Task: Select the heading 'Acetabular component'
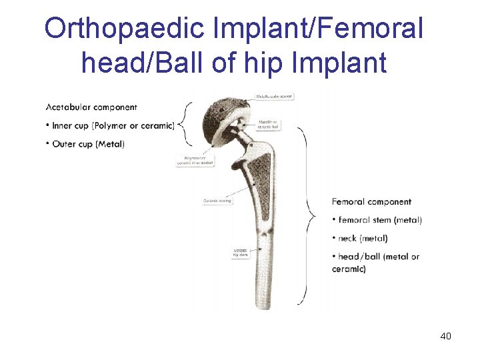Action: point(91,107)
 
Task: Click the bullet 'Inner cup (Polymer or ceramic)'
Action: point(110,125)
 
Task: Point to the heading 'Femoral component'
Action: point(371,201)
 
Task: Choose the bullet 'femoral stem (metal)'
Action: point(377,220)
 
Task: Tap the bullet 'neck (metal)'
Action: point(360,238)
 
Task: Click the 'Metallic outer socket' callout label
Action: point(275,96)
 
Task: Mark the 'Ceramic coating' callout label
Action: point(217,201)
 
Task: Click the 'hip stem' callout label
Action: point(240,252)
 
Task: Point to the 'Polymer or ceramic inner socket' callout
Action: point(196,161)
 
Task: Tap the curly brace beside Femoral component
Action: point(309,213)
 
